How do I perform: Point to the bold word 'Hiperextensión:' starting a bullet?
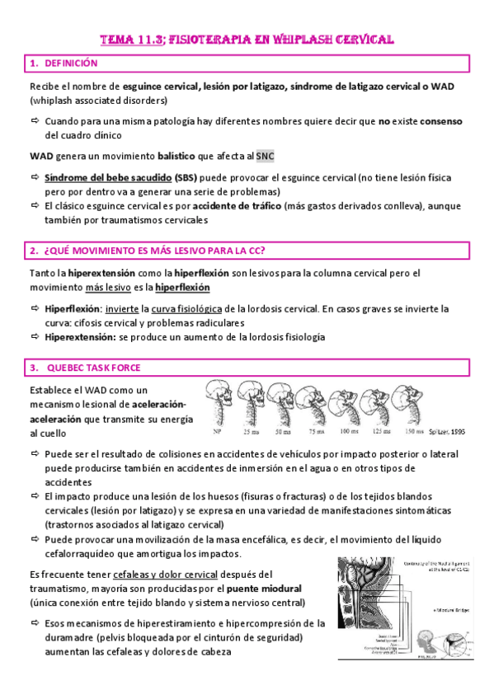(x=81, y=337)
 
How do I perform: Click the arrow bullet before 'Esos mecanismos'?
(x=35, y=623)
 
